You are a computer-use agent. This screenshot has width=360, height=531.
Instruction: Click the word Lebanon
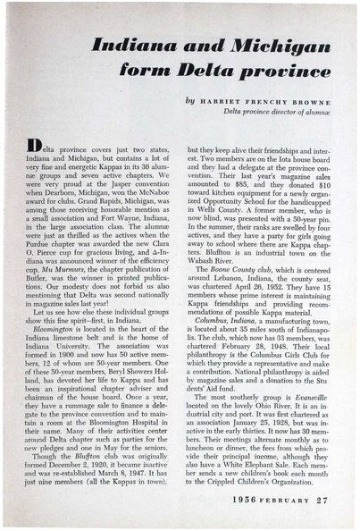(x=223, y=286)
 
